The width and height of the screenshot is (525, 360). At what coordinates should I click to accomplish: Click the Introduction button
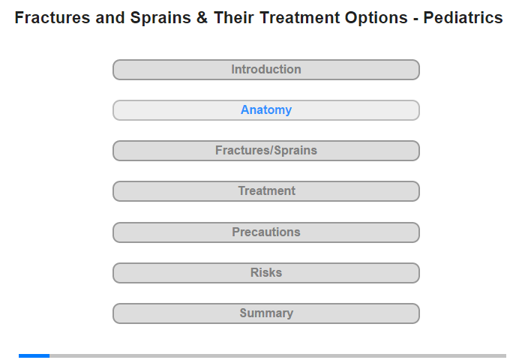point(265,70)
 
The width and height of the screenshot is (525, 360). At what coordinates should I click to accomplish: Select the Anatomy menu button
point(265,110)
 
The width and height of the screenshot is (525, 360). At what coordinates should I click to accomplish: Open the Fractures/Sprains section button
point(265,151)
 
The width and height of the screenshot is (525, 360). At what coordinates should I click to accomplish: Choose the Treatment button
point(265,191)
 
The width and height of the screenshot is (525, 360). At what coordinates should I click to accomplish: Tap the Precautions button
point(265,232)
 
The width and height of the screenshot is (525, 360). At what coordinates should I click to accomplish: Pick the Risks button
point(265,273)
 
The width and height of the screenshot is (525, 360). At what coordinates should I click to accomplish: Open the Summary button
point(265,313)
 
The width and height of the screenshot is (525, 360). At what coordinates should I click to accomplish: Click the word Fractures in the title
point(52,18)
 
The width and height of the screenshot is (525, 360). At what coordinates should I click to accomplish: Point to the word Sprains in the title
point(160,18)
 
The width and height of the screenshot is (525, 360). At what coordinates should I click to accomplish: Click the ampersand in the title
point(202,18)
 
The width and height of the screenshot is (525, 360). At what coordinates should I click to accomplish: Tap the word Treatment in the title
point(300,18)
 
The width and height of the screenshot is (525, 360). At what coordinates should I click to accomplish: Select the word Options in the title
point(376,18)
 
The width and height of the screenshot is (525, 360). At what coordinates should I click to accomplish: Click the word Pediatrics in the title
point(463,18)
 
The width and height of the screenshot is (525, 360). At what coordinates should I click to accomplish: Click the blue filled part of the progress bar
point(34,355)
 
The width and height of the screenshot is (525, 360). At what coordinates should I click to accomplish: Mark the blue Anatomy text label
point(266,109)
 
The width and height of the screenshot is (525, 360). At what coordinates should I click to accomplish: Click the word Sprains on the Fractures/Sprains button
point(295,151)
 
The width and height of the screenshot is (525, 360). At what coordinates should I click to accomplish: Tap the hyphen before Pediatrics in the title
point(415,19)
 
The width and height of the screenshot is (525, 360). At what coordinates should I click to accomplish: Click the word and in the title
point(110,18)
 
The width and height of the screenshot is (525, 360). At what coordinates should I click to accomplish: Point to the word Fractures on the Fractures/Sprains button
point(244,150)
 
